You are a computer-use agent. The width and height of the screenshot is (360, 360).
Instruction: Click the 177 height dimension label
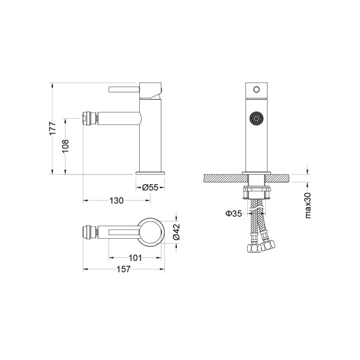[53, 128]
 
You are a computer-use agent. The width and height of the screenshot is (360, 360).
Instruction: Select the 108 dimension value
[65, 146]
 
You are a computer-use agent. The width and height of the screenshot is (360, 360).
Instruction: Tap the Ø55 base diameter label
[150, 188]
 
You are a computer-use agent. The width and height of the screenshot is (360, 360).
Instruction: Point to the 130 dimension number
[116, 200]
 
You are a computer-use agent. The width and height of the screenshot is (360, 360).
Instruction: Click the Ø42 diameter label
[176, 232]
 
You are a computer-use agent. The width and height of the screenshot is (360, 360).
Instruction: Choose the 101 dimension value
[135, 258]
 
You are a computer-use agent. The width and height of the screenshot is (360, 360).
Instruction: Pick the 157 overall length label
[124, 269]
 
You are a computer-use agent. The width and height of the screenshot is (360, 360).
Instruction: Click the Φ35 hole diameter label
[234, 214]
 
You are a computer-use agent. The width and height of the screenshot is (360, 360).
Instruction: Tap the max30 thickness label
[308, 205]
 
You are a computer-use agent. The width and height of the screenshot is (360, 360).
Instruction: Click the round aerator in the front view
[256, 118]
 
